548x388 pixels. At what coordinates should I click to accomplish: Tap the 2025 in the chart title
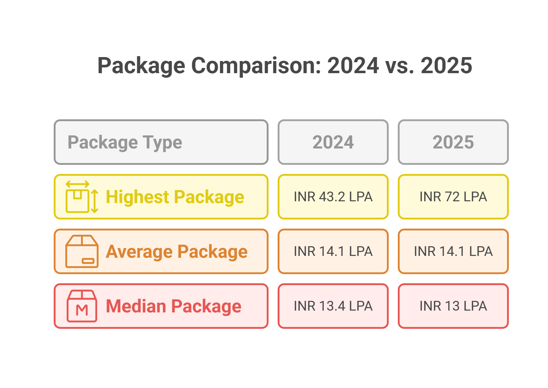point(446,66)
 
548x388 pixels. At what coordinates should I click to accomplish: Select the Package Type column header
point(161,142)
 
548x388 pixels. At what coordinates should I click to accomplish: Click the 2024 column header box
point(333,142)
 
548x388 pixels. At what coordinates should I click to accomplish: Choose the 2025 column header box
point(453,142)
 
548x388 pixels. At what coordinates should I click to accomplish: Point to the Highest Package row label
point(175,197)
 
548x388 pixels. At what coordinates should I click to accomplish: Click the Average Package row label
point(177,251)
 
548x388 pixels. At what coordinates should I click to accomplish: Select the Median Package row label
point(174,306)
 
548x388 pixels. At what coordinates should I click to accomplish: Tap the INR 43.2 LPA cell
point(333,197)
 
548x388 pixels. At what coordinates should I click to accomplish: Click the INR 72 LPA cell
point(453,197)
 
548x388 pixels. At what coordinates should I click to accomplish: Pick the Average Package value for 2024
point(333,251)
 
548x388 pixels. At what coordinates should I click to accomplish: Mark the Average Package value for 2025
point(453,251)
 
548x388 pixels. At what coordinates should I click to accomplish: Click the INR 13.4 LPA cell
point(333,306)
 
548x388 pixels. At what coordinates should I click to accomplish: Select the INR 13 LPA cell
point(453,306)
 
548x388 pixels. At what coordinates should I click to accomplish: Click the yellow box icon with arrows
point(78,201)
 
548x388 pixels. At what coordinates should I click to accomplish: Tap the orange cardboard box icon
point(82,251)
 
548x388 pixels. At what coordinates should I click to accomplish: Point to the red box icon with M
point(82,306)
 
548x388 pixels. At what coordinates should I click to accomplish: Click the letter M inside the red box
point(82,310)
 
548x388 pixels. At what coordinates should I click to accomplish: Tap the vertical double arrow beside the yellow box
point(95,201)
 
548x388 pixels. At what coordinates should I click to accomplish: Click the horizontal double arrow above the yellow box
point(77,184)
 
